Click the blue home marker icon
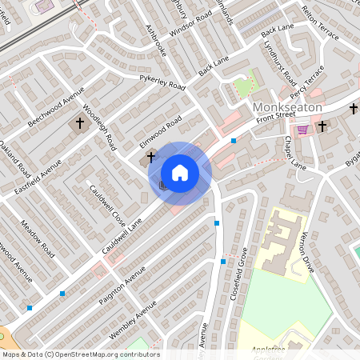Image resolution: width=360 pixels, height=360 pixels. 180,172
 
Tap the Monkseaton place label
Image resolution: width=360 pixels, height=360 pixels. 286,107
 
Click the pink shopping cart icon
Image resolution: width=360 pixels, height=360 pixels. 302,129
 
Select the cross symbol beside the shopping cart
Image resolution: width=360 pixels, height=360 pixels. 322,126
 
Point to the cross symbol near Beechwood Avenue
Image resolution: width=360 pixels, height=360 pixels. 79,124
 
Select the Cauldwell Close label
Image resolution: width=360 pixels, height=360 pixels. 108,206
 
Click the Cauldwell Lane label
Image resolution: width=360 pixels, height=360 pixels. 122,237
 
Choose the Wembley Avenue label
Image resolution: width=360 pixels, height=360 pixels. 134,320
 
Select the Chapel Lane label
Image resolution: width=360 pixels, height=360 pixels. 294,152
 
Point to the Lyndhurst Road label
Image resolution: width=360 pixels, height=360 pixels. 280,62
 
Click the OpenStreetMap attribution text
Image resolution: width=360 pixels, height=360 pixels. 80,354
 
